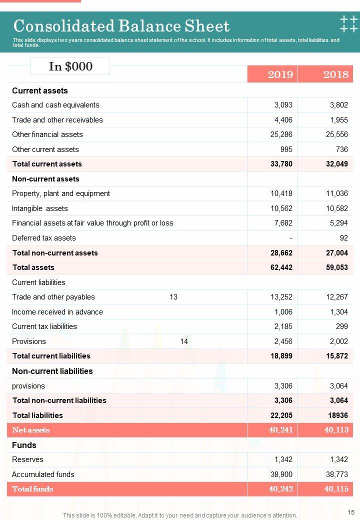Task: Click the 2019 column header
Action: [280, 74]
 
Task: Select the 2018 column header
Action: [335, 74]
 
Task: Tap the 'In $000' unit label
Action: [70, 66]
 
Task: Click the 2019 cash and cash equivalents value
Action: [283, 105]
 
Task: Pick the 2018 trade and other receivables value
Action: [338, 120]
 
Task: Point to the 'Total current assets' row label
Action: [47, 164]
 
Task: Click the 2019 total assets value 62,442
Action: [281, 267]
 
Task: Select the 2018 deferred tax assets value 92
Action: [343, 238]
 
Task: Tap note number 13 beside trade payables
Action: [173, 297]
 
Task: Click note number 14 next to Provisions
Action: [184, 341]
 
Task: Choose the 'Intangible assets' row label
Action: [40, 208]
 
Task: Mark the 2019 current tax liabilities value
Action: [283, 326]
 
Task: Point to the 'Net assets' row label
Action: [31, 430]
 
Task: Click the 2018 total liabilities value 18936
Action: [337, 415]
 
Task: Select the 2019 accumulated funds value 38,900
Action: [281, 474]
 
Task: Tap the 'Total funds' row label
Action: [32, 489]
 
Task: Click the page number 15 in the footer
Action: [350, 512]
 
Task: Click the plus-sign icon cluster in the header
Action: [348, 24]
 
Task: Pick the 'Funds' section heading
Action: [24, 445]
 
